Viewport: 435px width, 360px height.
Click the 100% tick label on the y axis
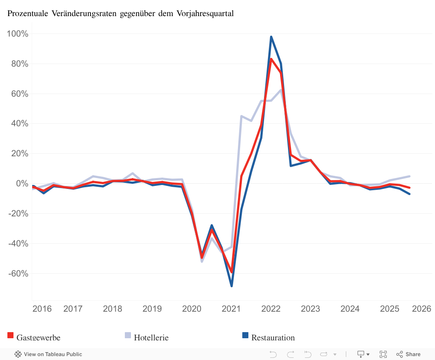18,34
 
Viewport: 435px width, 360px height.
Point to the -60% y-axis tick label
18,274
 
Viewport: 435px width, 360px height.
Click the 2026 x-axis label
422,309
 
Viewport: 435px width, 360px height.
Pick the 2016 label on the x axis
42,309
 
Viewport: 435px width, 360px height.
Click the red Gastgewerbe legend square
10,335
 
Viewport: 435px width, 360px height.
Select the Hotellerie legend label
151,337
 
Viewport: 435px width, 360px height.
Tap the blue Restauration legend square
245,335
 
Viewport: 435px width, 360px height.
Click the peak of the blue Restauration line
271,37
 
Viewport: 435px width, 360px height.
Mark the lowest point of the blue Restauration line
231,286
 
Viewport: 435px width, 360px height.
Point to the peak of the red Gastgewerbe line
271,59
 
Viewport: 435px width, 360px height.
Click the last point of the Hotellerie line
409,176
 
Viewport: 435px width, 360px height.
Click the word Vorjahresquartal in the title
205,13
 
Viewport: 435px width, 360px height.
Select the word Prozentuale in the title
28,13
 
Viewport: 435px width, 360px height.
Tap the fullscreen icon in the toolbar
383,354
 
